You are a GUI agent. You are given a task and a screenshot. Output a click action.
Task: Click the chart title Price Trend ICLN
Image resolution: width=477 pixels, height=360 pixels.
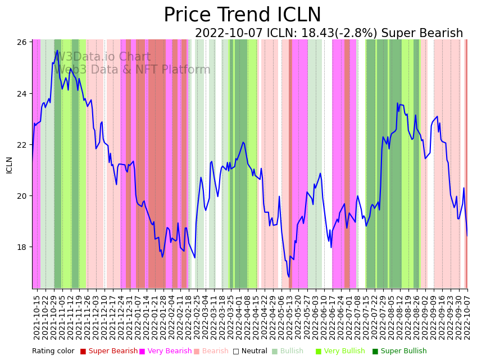click(x=242, y=15)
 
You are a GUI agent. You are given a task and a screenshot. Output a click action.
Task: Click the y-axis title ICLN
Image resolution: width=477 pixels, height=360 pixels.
click(x=9, y=165)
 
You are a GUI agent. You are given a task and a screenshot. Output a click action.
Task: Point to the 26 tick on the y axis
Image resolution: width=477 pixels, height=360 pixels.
click(x=23, y=42)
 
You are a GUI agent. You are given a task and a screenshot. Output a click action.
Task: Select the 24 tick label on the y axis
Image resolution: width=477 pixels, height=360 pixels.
click(x=23, y=93)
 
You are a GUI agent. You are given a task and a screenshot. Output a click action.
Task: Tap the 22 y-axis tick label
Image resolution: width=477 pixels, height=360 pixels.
click(x=23, y=144)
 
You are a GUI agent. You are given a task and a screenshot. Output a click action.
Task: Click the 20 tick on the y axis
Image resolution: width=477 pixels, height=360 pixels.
click(x=23, y=196)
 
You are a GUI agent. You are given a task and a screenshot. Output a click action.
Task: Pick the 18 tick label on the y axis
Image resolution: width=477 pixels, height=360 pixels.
click(x=23, y=247)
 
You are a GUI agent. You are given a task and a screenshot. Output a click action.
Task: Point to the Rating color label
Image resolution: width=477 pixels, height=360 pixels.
click(x=53, y=352)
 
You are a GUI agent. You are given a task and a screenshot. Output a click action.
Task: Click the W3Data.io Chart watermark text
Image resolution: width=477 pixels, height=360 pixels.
click(x=102, y=57)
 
